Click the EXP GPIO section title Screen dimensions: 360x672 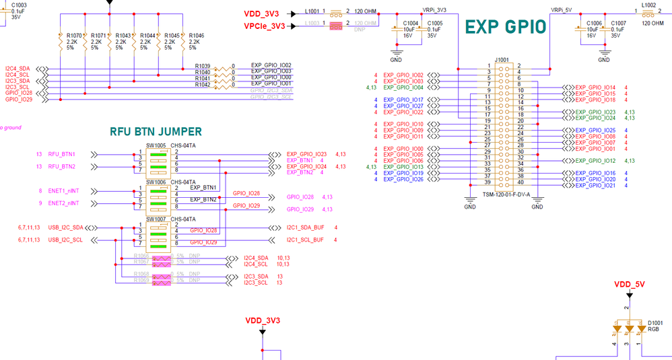click(x=506, y=27)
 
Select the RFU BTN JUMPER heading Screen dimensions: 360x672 click(x=156, y=132)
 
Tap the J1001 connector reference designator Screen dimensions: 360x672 click(x=502, y=60)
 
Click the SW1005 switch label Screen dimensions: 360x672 click(x=156, y=146)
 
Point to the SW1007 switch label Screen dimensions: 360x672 click(x=156, y=219)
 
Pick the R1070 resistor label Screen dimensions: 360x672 click(x=74, y=36)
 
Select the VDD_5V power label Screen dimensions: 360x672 click(x=629, y=285)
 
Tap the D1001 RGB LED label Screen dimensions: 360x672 click(x=654, y=323)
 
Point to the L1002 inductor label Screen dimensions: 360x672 click(x=648, y=5)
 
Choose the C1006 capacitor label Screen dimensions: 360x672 click(x=594, y=23)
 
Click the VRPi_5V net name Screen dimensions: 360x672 click(x=561, y=10)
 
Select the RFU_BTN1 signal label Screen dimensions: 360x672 click(x=61, y=154)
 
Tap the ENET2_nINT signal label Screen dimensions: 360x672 click(x=63, y=203)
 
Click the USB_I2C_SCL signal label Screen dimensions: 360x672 click(x=65, y=240)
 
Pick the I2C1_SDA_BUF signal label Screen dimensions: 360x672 click(x=305, y=228)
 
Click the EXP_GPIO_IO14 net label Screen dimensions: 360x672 click(x=595, y=87)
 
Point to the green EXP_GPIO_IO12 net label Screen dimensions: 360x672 click(x=595, y=161)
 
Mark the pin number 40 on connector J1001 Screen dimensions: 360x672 click(x=520, y=183)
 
